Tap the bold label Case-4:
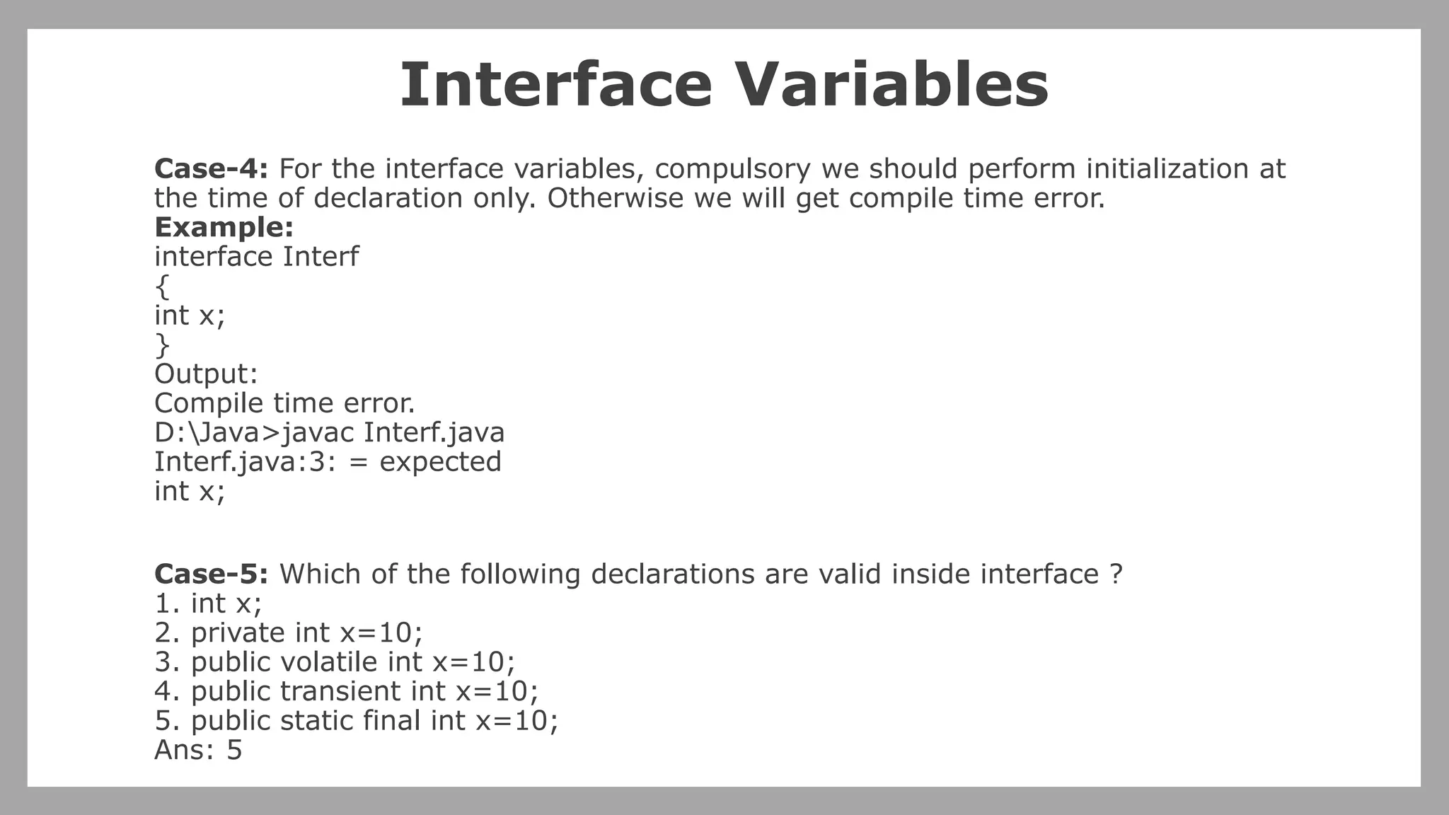coord(211,169)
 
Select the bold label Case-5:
coord(211,574)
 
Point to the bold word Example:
coord(224,228)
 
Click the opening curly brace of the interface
coord(162,287)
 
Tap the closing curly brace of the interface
coord(162,345)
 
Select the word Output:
coord(206,374)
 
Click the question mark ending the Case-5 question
coord(1116,574)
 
